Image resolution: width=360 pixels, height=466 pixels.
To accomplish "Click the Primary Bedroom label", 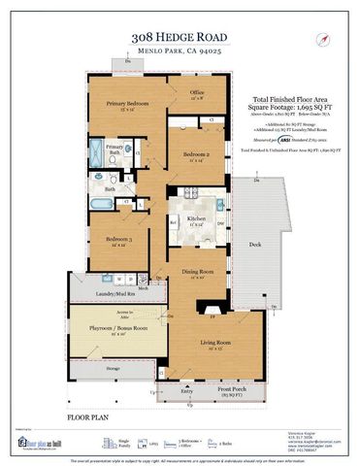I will click(x=126, y=105).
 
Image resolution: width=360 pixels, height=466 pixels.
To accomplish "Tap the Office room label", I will click(x=197, y=94).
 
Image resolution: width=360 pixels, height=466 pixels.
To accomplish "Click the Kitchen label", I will click(x=197, y=220).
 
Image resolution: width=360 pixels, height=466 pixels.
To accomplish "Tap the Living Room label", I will click(x=216, y=344).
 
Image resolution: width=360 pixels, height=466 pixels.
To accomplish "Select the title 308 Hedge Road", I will click(x=180, y=36).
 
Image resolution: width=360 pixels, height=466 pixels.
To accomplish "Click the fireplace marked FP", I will click(x=213, y=317).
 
